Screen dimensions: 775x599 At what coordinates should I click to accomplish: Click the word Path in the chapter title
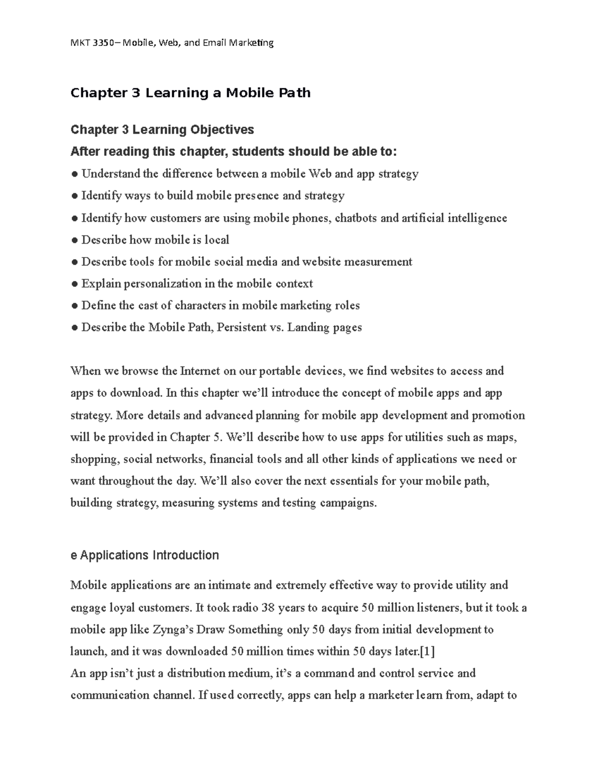pos(295,93)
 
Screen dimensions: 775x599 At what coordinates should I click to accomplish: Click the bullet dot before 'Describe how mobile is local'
pos(74,240)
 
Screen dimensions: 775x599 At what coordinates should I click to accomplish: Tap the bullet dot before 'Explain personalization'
pos(74,284)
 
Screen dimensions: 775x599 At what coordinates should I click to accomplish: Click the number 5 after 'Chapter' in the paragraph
pos(216,438)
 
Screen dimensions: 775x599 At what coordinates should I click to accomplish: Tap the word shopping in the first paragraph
pos(94,460)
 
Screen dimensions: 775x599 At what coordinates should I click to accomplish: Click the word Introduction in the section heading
pos(185,555)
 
